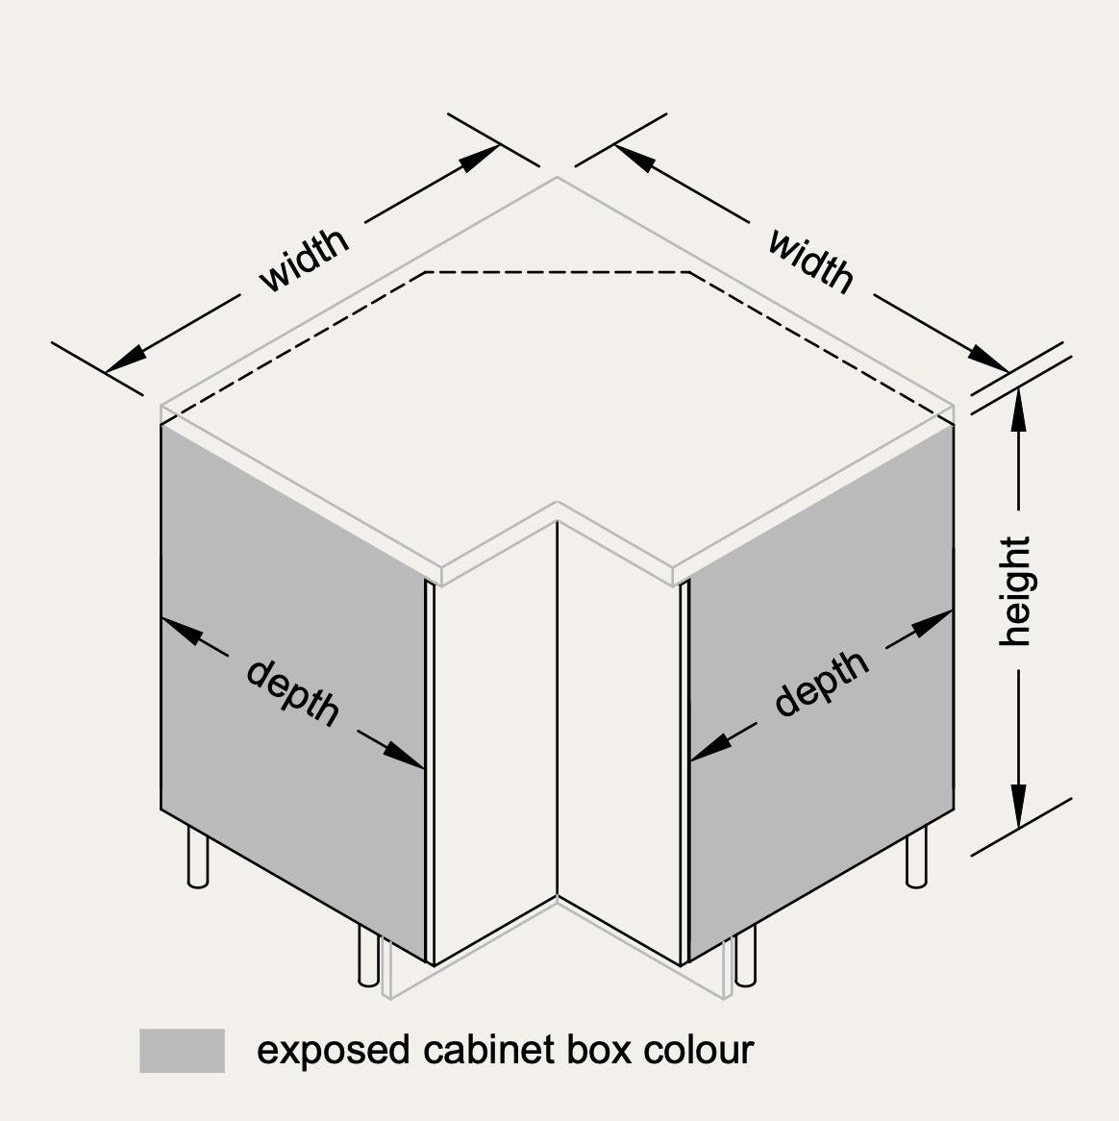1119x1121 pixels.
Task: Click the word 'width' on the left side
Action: click(304, 261)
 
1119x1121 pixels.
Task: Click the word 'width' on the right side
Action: click(810, 262)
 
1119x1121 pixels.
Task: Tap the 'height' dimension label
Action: click(1015, 591)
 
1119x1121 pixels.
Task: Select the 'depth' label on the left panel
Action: click(292, 693)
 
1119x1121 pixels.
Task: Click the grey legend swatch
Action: click(183, 1050)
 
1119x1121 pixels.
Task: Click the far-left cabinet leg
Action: click(198, 857)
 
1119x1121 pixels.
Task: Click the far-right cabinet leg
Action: click(917, 857)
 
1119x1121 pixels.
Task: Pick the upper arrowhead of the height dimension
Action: click(1018, 409)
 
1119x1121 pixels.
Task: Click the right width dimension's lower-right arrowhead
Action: click(989, 359)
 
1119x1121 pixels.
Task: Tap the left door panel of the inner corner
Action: click(495, 743)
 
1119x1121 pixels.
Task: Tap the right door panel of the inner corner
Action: click(619, 743)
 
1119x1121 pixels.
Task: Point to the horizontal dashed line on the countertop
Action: click(558, 272)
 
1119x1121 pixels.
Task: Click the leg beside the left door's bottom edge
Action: click(368, 956)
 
